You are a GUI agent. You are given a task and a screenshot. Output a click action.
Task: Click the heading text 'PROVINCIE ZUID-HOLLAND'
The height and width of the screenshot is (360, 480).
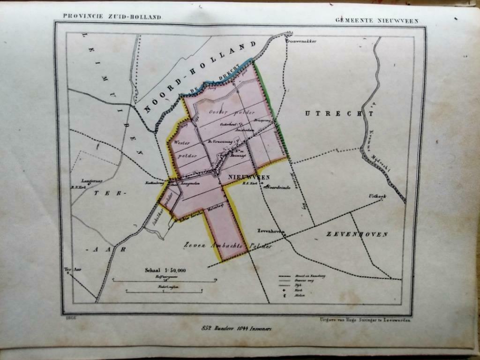coord(112,17)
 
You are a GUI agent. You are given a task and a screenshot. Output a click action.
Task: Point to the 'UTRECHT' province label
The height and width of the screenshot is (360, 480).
coord(338,113)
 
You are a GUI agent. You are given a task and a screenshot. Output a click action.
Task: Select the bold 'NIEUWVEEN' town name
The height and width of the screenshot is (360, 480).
coord(249,177)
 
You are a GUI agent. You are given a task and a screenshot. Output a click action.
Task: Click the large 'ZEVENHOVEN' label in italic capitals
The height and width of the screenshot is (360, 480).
coord(357,234)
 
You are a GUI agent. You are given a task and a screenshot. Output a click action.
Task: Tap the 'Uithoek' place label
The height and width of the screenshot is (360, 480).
coord(376,195)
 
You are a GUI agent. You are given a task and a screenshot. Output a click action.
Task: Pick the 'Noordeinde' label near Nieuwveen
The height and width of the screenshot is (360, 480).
coord(279,187)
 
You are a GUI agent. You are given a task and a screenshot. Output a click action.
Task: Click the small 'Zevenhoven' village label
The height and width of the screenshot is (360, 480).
coord(271,231)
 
